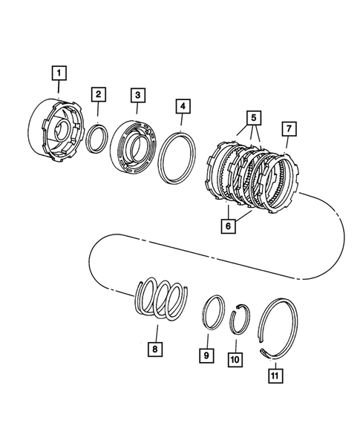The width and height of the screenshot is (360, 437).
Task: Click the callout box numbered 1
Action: pyautogui.click(x=58, y=73)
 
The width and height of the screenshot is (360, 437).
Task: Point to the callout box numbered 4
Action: pyautogui.click(x=181, y=108)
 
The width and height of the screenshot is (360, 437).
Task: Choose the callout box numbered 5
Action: pyautogui.click(x=254, y=117)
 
